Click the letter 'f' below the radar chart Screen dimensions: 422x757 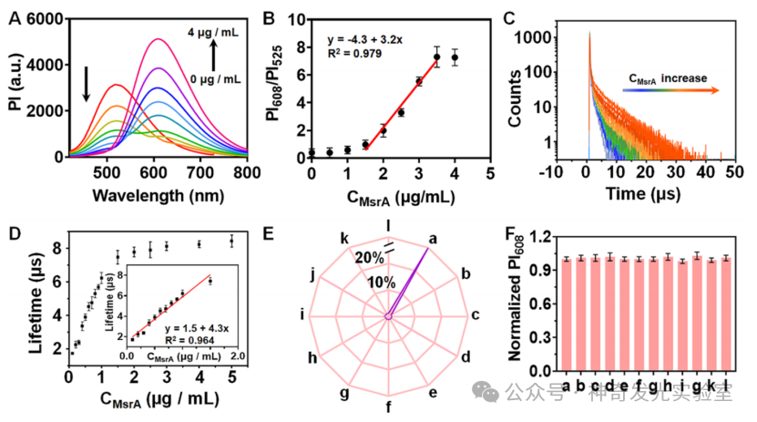389,407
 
